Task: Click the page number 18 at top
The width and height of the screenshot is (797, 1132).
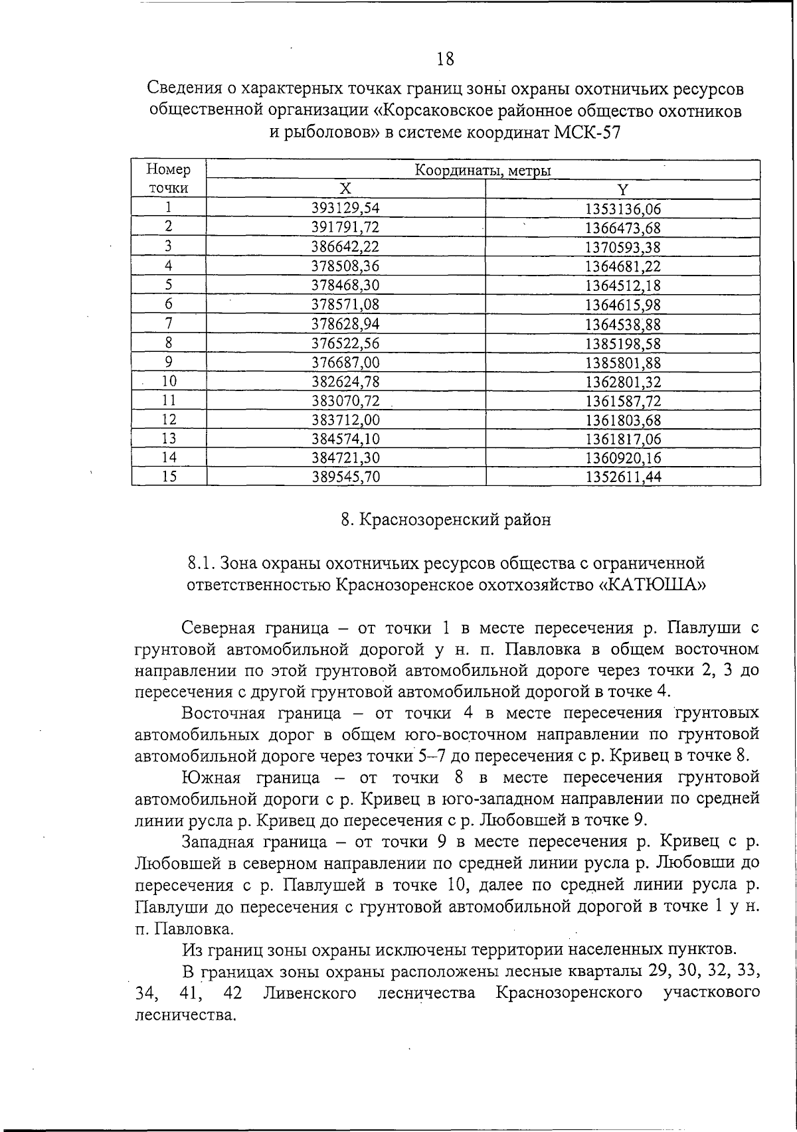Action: click(x=446, y=60)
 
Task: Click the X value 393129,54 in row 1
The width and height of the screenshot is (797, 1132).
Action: click(x=345, y=208)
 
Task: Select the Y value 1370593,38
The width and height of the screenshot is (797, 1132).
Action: click(x=622, y=247)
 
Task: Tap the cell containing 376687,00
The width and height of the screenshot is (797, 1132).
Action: click(x=345, y=363)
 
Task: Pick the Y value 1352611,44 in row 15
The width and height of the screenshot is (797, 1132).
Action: click(x=622, y=477)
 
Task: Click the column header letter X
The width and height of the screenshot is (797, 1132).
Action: click(x=345, y=189)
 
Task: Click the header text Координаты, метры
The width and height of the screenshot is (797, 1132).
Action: click(x=483, y=171)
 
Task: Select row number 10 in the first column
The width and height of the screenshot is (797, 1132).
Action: click(x=169, y=381)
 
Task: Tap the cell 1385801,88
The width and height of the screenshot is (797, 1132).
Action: click(x=622, y=363)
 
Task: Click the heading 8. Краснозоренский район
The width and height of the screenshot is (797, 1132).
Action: click(x=446, y=520)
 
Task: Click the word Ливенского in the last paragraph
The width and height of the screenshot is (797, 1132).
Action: click(x=310, y=993)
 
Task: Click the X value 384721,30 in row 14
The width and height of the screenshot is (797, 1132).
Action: click(x=345, y=457)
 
